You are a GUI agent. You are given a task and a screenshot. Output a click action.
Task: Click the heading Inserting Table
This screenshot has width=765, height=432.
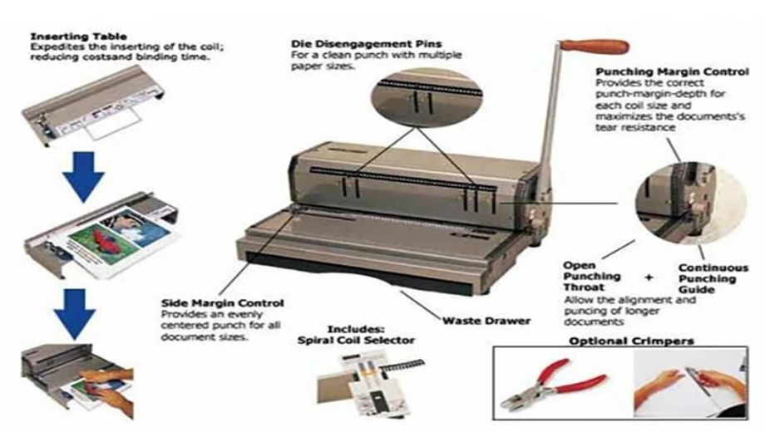[x=78, y=37]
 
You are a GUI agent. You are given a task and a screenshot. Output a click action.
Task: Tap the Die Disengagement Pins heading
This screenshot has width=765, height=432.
[x=366, y=44]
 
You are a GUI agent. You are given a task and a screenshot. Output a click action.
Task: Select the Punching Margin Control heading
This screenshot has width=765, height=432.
[x=672, y=72]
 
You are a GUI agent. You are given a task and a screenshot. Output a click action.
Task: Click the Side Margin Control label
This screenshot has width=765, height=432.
[x=223, y=303]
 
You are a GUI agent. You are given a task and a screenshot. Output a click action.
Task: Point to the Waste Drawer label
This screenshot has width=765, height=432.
[x=486, y=321]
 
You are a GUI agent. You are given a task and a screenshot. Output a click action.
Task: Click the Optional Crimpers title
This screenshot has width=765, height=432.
[x=631, y=341]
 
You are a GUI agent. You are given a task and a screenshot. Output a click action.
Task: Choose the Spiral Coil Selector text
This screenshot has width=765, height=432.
[x=356, y=341]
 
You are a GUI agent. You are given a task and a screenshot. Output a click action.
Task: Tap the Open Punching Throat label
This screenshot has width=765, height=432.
[x=592, y=277]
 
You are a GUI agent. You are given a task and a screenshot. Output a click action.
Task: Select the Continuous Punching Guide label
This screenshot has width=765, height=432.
[x=713, y=278]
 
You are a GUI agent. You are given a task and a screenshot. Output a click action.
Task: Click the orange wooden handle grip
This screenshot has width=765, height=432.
[x=594, y=47]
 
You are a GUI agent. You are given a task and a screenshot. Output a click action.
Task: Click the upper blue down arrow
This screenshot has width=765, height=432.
[x=83, y=176]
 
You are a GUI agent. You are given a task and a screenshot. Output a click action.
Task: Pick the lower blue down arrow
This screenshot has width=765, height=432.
[x=75, y=314]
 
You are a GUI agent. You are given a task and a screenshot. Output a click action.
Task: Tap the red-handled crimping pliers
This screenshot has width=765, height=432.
[x=553, y=383]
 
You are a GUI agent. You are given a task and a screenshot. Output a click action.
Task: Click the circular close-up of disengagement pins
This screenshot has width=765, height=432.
[x=427, y=97]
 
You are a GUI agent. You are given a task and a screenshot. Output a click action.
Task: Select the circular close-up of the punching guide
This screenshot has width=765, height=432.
[x=691, y=204]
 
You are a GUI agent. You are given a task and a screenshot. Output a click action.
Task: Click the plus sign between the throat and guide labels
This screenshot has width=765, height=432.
[x=649, y=277]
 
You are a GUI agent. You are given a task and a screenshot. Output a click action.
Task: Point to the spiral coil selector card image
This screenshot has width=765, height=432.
[x=371, y=384]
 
